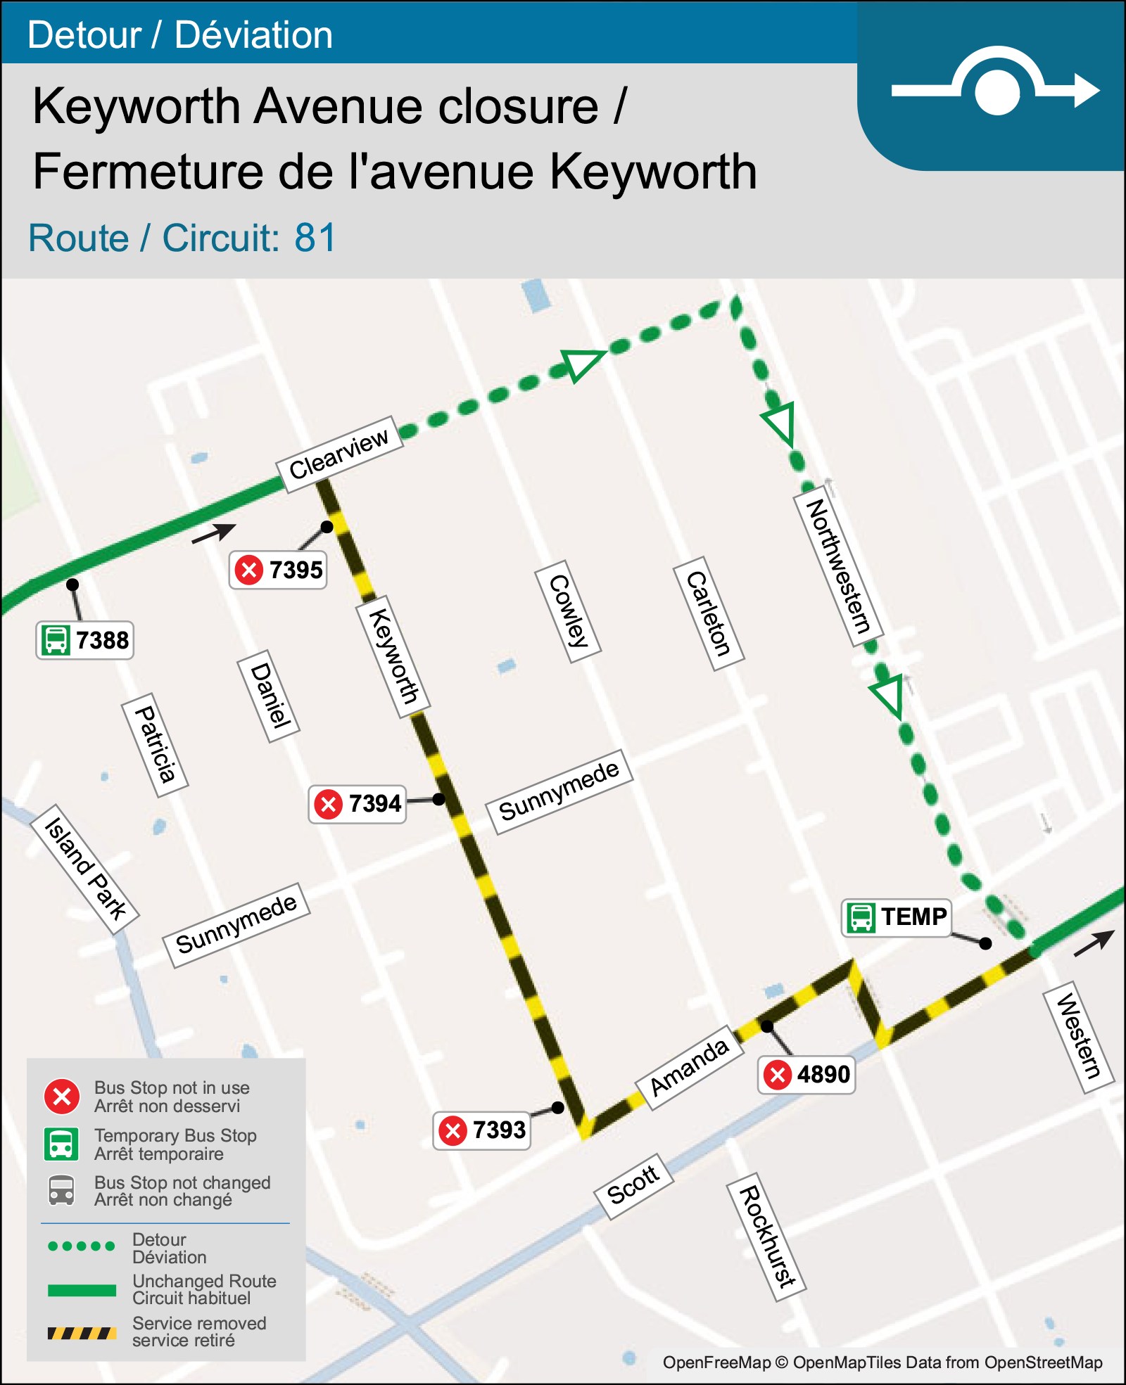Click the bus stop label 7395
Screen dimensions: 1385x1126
(279, 570)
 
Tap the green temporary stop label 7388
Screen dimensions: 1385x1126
(85, 640)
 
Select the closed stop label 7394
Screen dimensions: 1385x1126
(358, 803)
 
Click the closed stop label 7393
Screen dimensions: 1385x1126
(482, 1130)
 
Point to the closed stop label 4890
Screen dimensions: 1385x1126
(806, 1075)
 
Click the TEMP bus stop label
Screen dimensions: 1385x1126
(897, 917)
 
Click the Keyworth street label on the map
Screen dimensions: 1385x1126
(394, 656)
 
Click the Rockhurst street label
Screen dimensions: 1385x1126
(766, 1237)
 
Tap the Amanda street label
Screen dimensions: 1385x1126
(689, 1068)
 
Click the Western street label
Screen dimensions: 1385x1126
(1078, 1035)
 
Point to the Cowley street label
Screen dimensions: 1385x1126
(568, 611)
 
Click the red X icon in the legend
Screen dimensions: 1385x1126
(62, 1096)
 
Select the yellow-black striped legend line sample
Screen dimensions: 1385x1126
(82, 1333)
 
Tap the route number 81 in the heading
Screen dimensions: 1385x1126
(315, 238)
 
